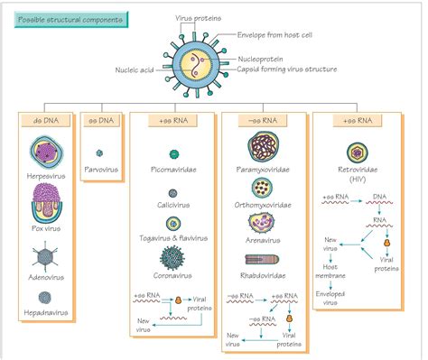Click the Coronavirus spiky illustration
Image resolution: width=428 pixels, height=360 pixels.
click(x=171, y=259)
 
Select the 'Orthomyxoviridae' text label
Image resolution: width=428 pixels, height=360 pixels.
click(x=265, y=206)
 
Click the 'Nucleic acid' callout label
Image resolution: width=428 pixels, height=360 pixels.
click(x=137, y=69)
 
